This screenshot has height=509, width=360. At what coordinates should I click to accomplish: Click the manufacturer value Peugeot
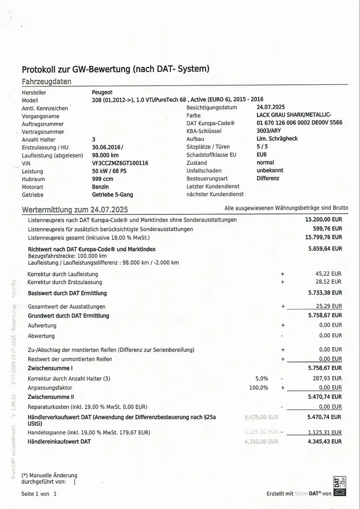tap(102, 92)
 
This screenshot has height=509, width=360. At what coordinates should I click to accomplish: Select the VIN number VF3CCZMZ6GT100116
tap(120, 163)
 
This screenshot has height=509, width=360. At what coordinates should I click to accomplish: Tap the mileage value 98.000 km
tap(105, 155)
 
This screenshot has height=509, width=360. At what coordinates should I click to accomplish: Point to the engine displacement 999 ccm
tap(103, 179)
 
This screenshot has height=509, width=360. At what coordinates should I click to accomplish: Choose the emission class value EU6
tap(262, 155)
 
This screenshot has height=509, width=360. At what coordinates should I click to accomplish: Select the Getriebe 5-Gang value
tap(112, 195)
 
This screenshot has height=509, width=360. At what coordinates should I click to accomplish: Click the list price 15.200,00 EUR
tap(324, 220)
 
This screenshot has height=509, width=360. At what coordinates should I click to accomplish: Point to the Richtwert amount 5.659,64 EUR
tap(325, 248)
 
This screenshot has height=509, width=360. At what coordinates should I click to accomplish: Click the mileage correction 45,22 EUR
tap(329, 273)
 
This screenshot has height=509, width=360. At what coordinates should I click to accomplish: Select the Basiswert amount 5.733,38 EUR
tap(325, 293)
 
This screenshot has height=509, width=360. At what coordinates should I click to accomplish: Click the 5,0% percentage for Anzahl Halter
tap(262, 378)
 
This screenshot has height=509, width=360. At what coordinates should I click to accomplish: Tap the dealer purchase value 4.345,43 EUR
tap(325, 442)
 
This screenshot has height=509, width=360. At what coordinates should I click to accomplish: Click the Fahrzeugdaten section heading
tap(47, 81)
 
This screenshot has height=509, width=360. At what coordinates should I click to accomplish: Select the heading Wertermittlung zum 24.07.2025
tap(75, 209)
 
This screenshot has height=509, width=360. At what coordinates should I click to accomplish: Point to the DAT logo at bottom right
tap(339, 486)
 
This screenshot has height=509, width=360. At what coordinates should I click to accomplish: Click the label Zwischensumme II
tap(50, 397)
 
